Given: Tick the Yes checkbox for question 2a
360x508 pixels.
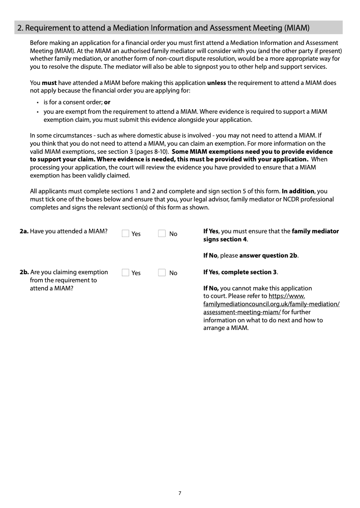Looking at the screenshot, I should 126,233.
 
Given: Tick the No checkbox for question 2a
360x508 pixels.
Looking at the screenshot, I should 162,233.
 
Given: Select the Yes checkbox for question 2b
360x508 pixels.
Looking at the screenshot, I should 126,272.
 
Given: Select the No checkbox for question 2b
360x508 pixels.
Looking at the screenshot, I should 162,272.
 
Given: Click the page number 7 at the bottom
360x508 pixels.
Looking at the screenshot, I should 180,493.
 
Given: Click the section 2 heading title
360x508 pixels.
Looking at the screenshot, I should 163,28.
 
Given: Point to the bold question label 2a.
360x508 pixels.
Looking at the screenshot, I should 24,231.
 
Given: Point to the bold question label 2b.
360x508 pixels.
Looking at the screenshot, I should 24,272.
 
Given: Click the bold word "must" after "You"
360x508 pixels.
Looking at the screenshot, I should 49,83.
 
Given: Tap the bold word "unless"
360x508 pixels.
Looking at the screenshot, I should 216,83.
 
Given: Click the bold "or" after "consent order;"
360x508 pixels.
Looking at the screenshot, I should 107,102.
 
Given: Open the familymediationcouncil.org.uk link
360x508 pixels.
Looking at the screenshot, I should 271,304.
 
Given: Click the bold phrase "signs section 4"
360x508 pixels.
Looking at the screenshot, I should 225,239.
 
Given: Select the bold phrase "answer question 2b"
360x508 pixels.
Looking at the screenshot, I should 268,255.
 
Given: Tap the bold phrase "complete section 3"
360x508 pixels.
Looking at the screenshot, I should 249,272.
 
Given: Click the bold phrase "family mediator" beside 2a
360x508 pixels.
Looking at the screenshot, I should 315,231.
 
